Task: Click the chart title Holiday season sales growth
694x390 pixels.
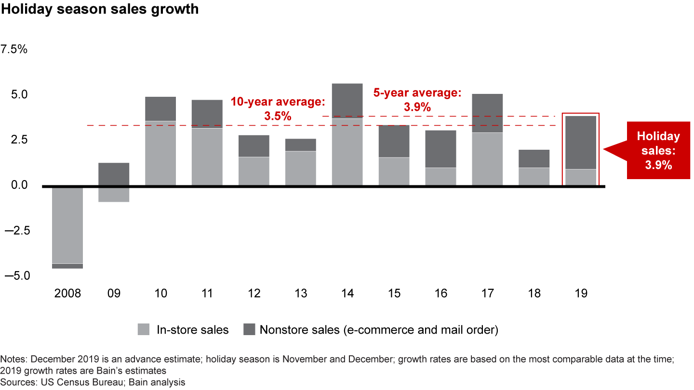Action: (99, 10)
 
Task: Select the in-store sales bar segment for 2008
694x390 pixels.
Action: (67, 224)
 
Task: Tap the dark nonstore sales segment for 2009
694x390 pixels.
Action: (114, 174)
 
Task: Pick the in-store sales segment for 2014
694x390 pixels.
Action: (347, 152)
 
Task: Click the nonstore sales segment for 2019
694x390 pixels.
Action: (581, 143)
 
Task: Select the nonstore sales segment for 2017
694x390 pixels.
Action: (487, 113)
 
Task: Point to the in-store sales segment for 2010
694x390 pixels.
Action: (160, 153)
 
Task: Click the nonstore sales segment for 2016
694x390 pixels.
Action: (440, 149)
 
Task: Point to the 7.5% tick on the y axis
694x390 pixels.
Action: (15, 50)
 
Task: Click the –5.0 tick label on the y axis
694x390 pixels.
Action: (16, 276)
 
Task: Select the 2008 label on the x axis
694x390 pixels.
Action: (67, 293)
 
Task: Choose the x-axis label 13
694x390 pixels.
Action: (301, 293)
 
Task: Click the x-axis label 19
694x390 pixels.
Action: (581, 293)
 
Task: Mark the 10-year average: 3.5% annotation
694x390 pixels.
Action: (278, 109)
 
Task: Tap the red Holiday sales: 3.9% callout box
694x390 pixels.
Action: (658, 151)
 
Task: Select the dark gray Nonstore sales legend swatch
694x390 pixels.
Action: (249, 330)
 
